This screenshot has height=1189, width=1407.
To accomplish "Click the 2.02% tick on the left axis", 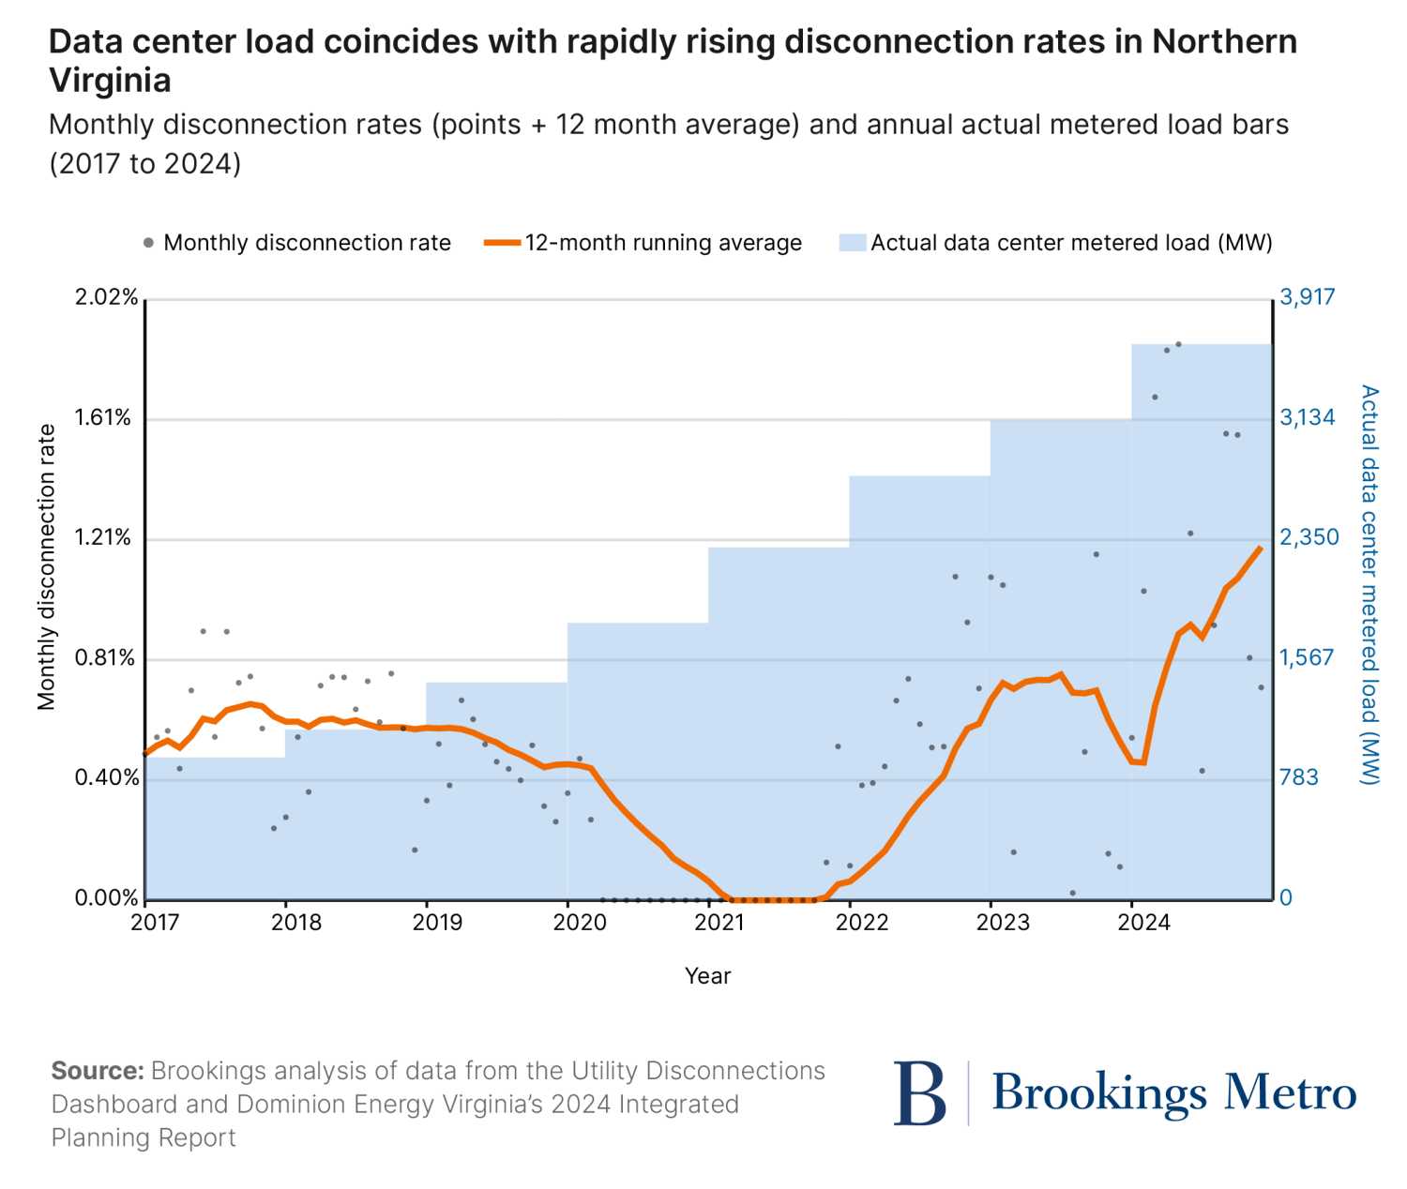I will (106, 297).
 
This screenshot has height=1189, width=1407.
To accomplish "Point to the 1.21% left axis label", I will (103, 537).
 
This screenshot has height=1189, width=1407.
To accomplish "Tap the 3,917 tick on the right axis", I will (1307, 297).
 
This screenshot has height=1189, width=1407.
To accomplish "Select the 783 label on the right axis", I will (1299, 777).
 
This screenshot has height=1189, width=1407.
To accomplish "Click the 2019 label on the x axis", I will (437, 923).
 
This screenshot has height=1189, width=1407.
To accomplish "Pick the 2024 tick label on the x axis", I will (1143, 923).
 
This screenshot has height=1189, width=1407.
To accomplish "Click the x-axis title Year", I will (707, 976).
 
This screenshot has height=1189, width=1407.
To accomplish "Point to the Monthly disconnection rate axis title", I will (47, 566).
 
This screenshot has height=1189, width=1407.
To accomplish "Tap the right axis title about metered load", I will (1369, 584).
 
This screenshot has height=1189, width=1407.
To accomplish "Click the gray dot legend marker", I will (148, 243).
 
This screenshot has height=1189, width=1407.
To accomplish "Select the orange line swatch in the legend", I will (502, 243).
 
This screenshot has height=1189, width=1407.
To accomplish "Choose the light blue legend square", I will (852, 243).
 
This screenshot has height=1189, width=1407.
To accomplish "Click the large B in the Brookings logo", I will (919, 1093).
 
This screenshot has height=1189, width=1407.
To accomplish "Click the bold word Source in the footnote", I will (97, 1071).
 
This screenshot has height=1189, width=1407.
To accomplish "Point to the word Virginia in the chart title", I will (110, 81).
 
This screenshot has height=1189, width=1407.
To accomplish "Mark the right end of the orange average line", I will (1261, 548).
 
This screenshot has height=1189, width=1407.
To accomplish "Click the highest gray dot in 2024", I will (1178, 344).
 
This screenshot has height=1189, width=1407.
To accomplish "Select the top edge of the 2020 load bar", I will (638, 624).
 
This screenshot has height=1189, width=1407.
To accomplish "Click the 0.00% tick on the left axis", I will (106, 898).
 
